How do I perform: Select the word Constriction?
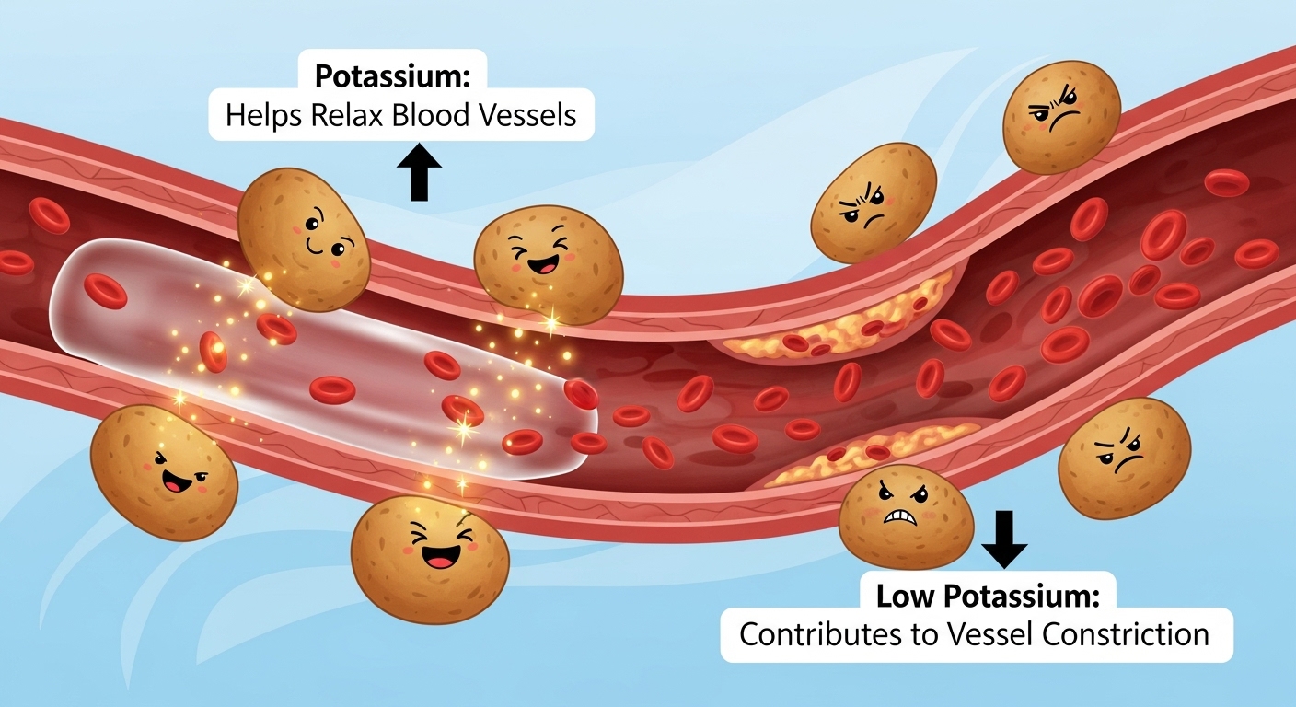1132,634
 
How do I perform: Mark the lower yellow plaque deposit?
870,452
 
